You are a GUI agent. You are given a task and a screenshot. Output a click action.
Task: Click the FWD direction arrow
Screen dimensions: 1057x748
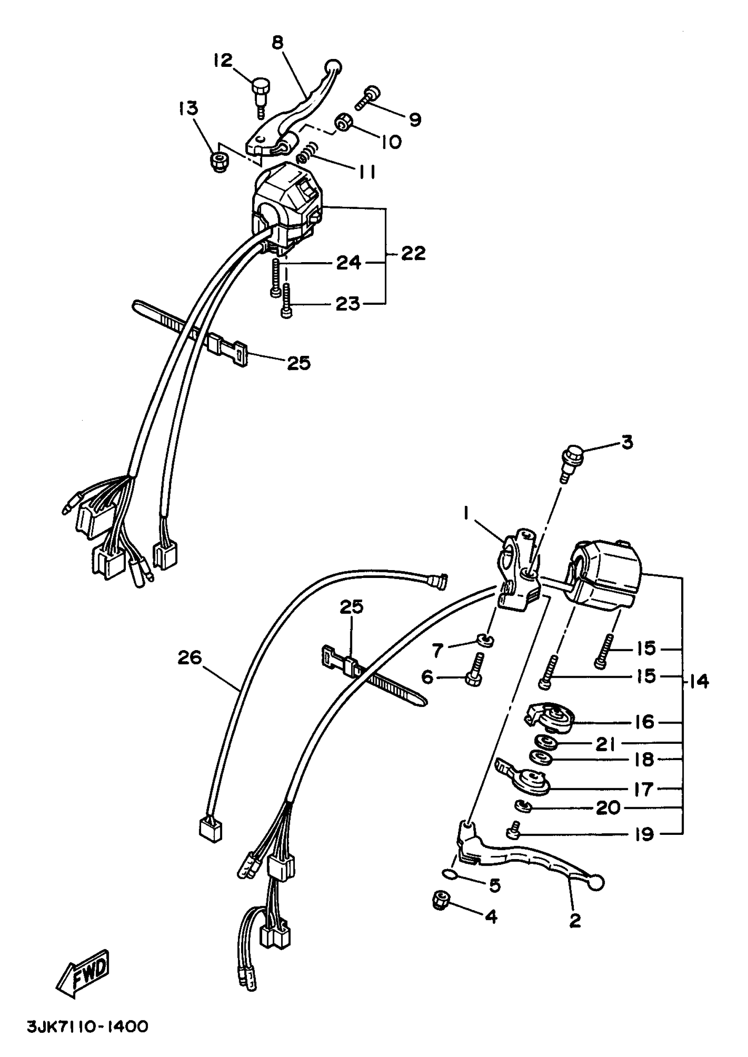[x=83, y=974]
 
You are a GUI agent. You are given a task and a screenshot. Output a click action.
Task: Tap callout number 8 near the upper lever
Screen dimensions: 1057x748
[x=277, y=42]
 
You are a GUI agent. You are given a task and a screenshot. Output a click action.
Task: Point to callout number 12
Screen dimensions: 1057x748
[x=223, y=60]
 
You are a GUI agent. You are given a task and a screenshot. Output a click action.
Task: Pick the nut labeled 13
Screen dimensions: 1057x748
[x=217, y=161]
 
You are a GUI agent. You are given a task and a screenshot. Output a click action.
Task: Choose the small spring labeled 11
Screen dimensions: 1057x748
[x=307, y=154]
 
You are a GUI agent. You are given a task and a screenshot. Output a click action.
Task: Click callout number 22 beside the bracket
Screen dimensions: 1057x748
[x=413, y=253]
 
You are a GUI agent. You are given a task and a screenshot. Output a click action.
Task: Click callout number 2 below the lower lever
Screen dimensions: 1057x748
[x=575, y=920]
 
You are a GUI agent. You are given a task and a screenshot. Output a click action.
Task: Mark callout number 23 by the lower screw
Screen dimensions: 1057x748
[x=348, y=304]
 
